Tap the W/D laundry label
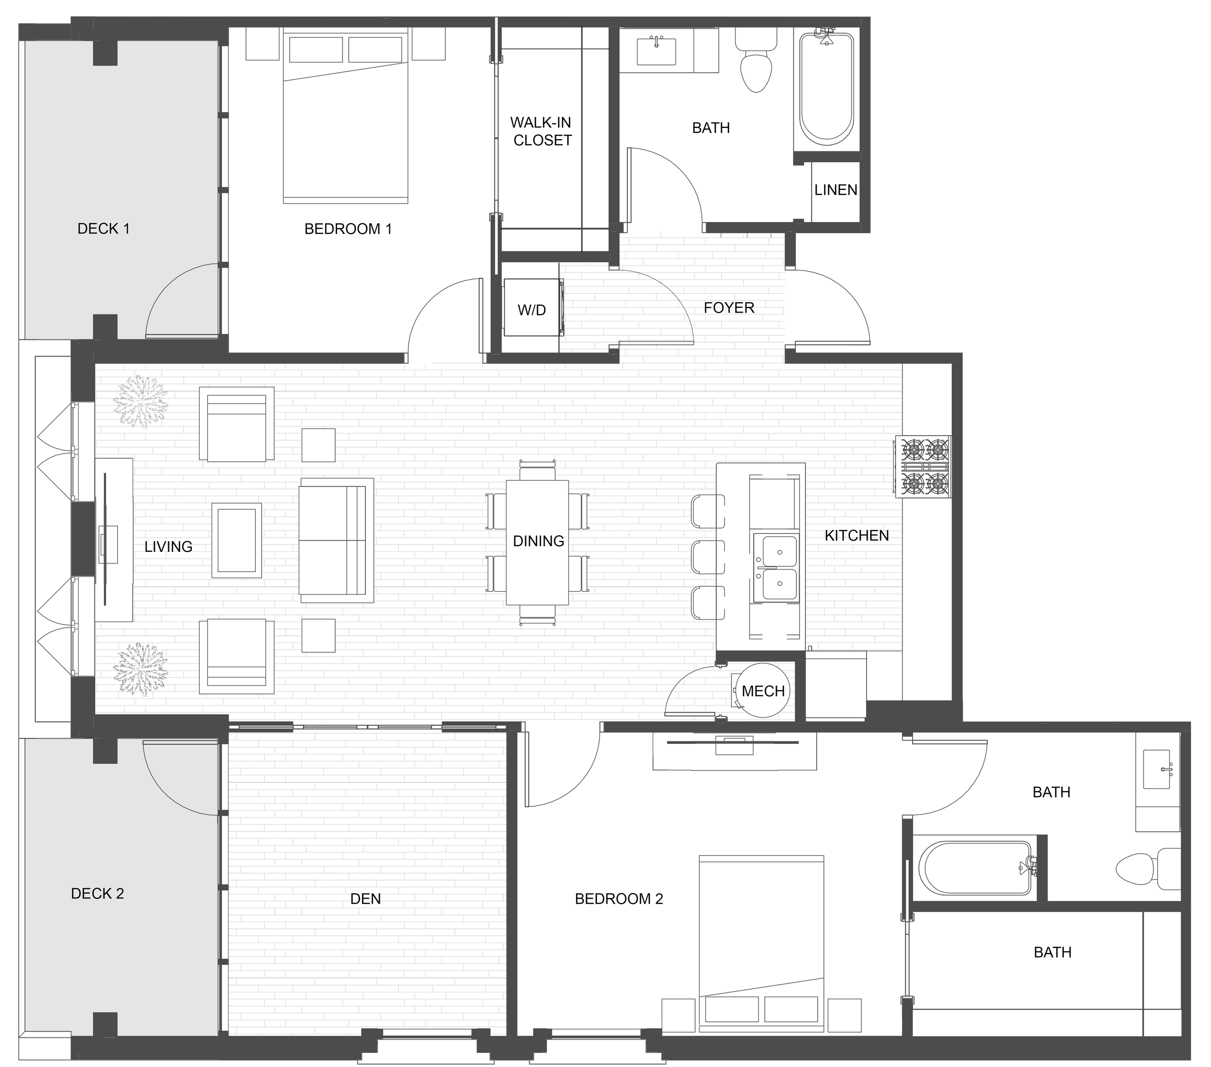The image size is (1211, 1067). pyautogui.click(x=531, y=310)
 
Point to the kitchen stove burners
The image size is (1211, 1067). pyautogui.click(x=925, y=467)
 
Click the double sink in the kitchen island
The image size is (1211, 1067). pyautogui.click(x=776, y=567)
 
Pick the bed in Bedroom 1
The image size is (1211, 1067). pyautogui.click(x=346, y=116)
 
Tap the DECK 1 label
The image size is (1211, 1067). pyautogui.click(x=104, y=228)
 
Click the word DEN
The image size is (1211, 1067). pyautogui.click(x=366, y=899)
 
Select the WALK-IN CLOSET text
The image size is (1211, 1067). pyautogui.click(x=542, y=131)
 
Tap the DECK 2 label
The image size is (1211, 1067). pyautogui.click(x=98, y=894)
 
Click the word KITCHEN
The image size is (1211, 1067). pyautogui.click(x=857, y=535)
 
